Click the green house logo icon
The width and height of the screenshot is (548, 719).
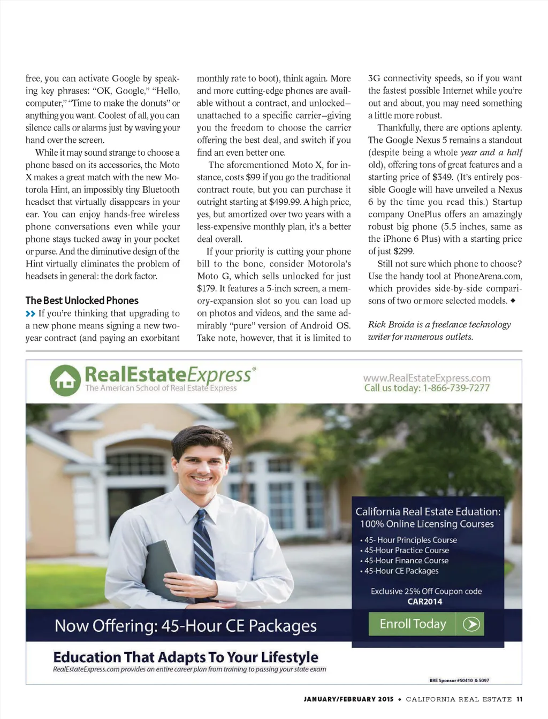tap(65, 380)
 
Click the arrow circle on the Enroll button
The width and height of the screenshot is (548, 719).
tap(471, 624)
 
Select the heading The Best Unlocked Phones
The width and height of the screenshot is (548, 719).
tap(82, 301)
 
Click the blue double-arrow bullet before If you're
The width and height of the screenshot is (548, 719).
tap(31, 313)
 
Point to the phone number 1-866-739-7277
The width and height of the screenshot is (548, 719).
tap(456, 388)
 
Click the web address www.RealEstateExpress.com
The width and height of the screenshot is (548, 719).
tap(427, 378)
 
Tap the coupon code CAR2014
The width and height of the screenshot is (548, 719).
tap(425, 601)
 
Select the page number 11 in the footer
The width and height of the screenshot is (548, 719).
tap(519, 699)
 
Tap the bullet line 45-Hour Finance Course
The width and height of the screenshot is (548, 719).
tap(406, 561)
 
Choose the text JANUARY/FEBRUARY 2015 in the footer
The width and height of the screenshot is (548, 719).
tap(348, 699)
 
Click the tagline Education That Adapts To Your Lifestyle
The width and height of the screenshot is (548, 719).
tap(186, 657)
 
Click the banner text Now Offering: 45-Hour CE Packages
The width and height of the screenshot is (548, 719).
tap(186, 625)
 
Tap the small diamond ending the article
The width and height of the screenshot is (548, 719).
tap(513, 301)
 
